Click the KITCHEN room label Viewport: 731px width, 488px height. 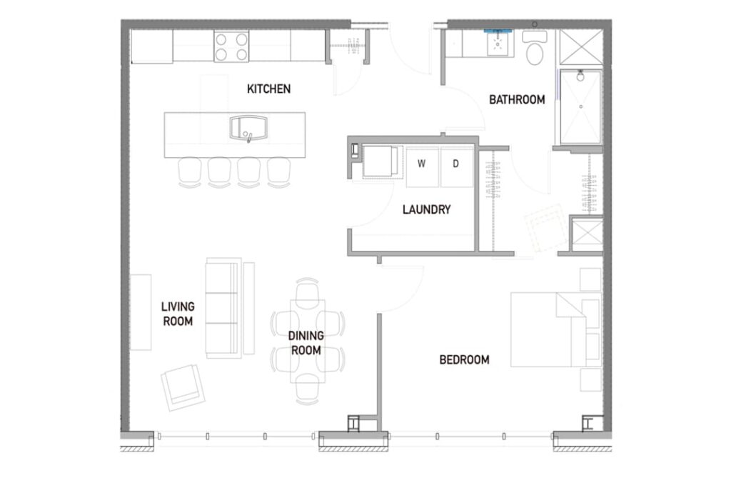coord(268,89)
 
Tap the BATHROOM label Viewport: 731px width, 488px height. coord(517,99)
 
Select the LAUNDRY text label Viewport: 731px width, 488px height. coord(427,209)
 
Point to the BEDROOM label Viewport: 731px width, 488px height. coord(464,359)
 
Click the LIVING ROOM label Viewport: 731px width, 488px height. coord(178,314)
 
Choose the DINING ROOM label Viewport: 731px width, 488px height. coord(306,343)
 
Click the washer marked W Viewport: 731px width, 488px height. coord(422,166)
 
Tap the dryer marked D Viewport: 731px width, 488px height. coord(457,166)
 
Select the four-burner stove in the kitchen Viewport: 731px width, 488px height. coord(231,46)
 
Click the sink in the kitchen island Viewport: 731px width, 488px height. coord(248,128)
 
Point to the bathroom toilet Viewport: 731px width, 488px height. coord(535,49)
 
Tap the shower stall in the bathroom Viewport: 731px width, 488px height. coord(580,106)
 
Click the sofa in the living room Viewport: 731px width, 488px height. coord(223,308)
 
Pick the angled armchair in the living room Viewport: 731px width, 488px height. coord(183,387)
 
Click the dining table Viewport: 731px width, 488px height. coord(308,341)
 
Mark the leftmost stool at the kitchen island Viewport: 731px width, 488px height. coord(190,171)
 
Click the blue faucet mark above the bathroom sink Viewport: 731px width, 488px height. coord(498,31)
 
